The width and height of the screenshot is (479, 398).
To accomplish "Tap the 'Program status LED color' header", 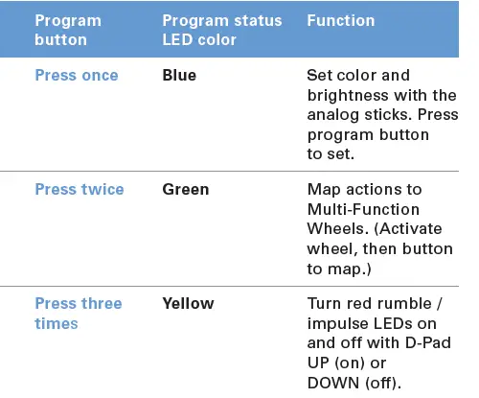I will click(x=222, y=30).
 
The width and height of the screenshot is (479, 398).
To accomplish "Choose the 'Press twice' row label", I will click(x=80, y=190).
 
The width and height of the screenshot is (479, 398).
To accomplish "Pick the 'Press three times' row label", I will click(x=78, y=314).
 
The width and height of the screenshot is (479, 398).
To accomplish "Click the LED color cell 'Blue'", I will click(x=179, y=76).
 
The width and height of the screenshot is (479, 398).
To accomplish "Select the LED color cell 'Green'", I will click(x=186, y=190).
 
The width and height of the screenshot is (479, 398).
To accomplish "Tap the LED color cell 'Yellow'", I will click(x=189, y=304).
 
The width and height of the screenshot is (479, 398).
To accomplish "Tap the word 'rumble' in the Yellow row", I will click(x=400, y=304).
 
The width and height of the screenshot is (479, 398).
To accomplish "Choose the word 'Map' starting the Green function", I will click(x=322, y=190).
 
